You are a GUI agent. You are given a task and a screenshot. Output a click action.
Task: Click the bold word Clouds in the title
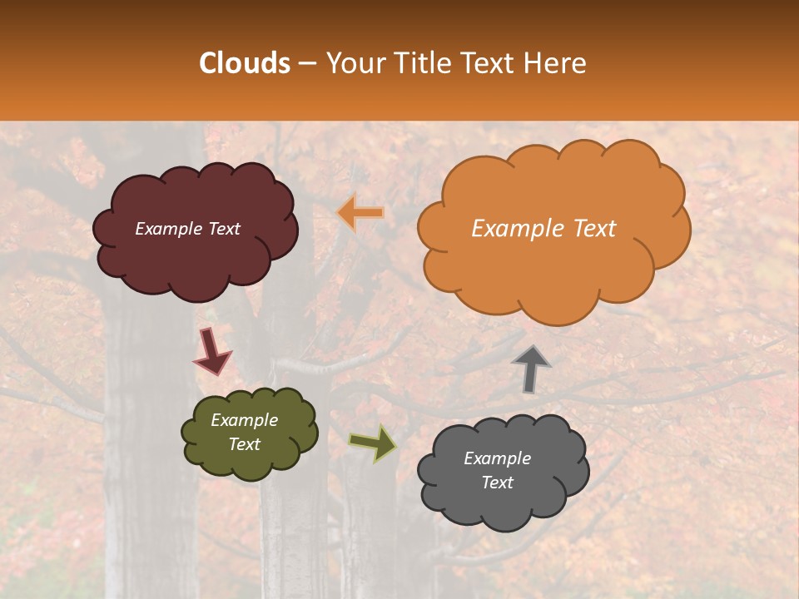pos(245,62)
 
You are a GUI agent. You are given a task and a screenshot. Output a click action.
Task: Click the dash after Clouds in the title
pos(307,63)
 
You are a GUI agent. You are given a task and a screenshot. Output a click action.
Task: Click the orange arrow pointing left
pos(361,213)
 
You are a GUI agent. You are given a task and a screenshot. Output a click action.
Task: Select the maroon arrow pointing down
pos(211,351)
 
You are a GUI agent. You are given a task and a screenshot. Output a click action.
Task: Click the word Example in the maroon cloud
pos(167,229)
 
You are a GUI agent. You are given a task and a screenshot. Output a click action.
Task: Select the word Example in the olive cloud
pos(244,420)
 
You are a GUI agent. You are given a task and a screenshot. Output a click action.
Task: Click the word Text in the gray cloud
pos(497,483)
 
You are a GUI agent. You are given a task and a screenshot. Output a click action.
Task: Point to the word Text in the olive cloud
pos(244,444)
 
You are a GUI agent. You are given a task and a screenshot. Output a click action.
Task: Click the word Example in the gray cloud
pos(497,458)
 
